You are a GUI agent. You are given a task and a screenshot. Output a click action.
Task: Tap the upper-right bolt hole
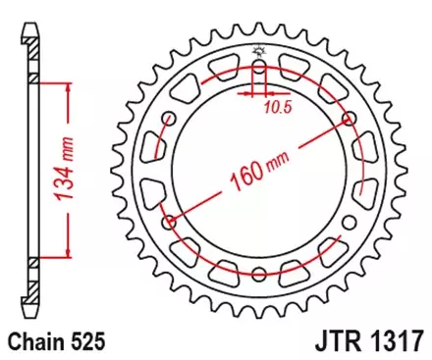(x=349, y=119)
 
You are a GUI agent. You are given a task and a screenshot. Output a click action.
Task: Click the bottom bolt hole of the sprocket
(x=259, y=274)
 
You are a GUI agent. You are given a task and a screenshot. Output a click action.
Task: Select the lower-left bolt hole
(x=171, y=222)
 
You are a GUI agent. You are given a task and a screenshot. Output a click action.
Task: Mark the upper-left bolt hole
(x=171, y=119)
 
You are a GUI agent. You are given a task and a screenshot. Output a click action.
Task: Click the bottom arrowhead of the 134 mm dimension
(x=67, y=253)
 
